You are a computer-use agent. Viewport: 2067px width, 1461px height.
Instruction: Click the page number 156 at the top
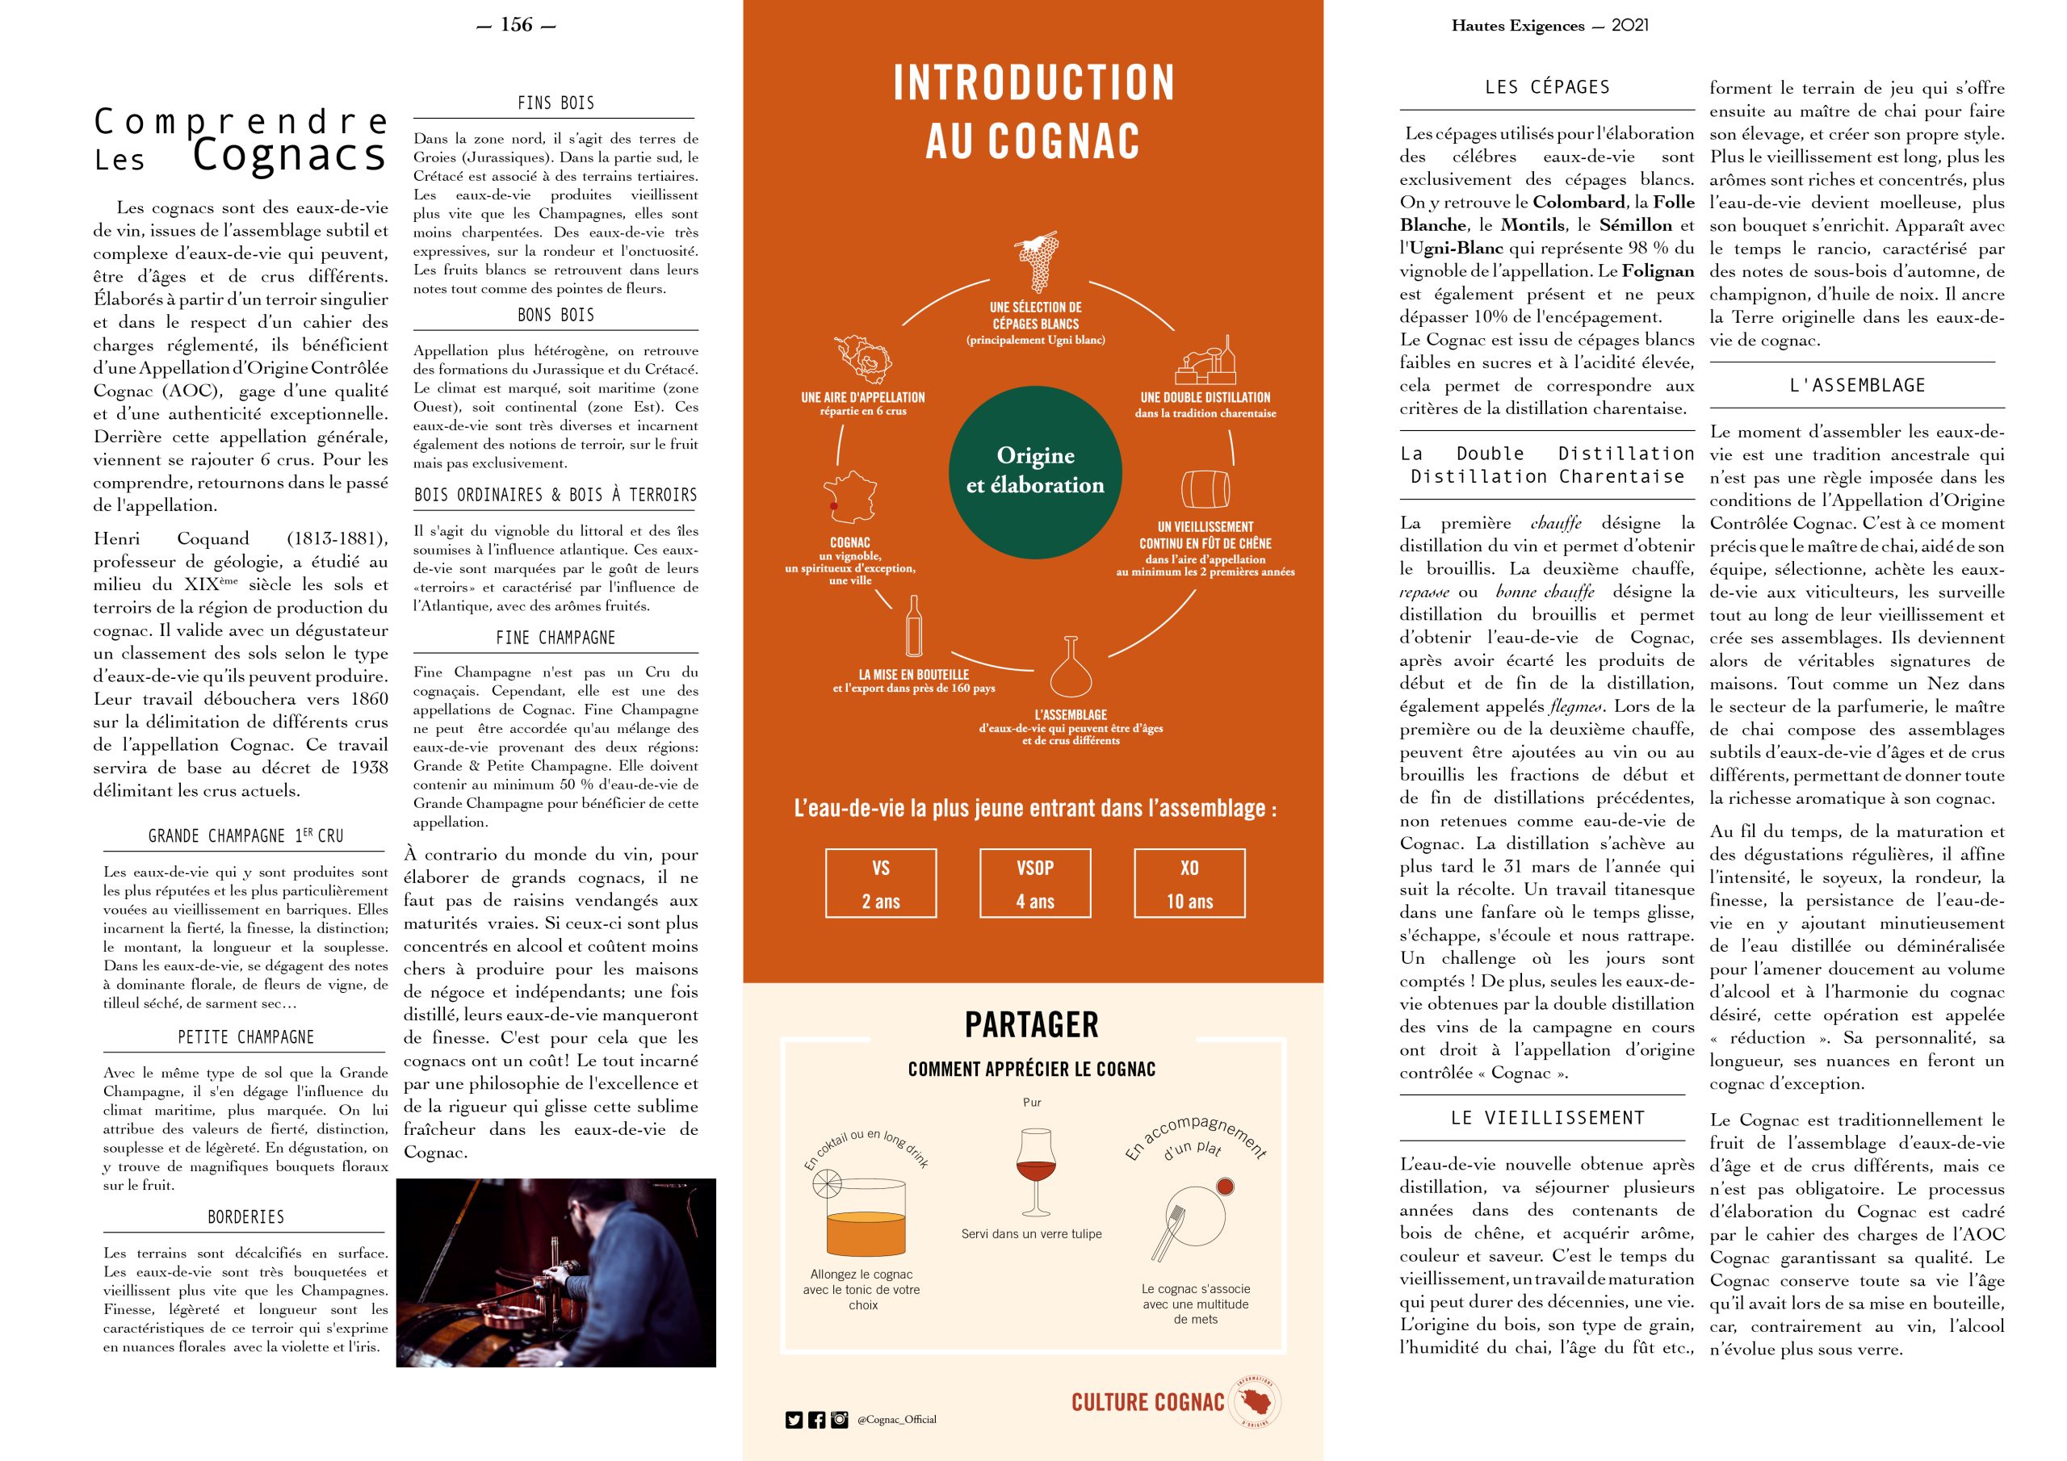coord(516,25)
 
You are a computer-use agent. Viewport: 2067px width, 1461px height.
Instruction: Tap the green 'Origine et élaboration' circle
coord(1035,470)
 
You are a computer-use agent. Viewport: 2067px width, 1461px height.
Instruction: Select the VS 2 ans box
coord(880,883)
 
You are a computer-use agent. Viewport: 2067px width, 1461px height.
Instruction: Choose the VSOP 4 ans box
coord(1034,883)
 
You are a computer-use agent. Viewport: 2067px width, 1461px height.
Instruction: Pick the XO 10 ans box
coord(1189,883)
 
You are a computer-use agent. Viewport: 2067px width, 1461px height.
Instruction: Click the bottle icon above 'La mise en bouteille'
coord(914,626)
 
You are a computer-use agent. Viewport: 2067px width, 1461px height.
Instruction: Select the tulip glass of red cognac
coord(1033,1170)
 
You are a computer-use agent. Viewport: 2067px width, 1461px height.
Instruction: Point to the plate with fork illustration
coord(1193,1217)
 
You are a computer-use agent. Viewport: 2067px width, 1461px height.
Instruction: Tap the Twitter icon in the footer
coord(793,1420)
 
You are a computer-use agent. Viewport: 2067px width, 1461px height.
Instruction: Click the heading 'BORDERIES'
coord(245,1217)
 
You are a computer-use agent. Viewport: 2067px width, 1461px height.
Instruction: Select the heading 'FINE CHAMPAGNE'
coord(556,638)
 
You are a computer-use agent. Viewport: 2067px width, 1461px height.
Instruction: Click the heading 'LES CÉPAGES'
coord(1547,87)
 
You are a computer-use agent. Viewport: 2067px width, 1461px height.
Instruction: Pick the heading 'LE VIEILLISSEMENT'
coord(1548,1118)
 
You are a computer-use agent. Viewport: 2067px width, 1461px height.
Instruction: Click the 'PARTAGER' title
coord(1032,1024)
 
